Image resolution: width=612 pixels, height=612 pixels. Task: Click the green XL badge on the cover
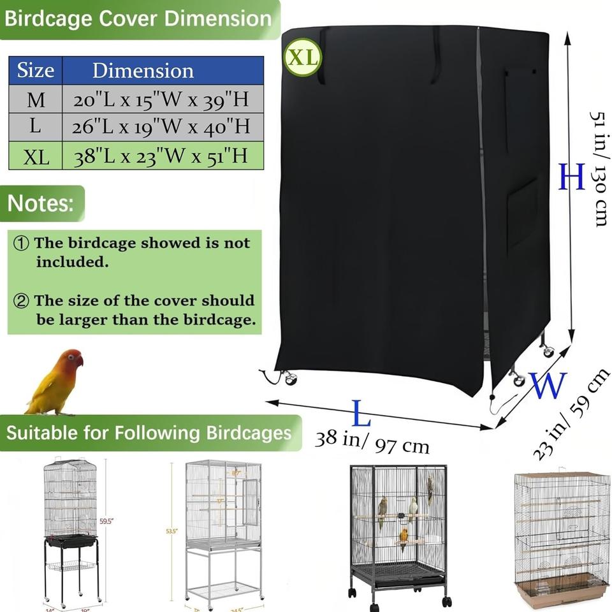303,57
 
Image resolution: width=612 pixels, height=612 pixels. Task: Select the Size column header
35,70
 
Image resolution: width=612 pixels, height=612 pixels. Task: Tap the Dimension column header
143,70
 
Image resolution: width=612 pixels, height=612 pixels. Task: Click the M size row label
36,100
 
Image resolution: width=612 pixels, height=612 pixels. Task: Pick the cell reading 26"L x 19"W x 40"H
162,127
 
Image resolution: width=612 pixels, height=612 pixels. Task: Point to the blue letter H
571,177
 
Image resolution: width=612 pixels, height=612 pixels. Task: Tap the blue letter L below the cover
361,416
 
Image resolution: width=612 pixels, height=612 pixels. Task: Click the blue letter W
548,385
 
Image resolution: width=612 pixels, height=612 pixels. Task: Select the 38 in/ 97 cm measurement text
372,441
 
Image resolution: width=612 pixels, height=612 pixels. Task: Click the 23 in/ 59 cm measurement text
571,414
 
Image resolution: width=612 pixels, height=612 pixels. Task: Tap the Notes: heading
40,204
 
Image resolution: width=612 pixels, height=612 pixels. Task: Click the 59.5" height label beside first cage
106,521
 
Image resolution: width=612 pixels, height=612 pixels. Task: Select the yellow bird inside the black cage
403,539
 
